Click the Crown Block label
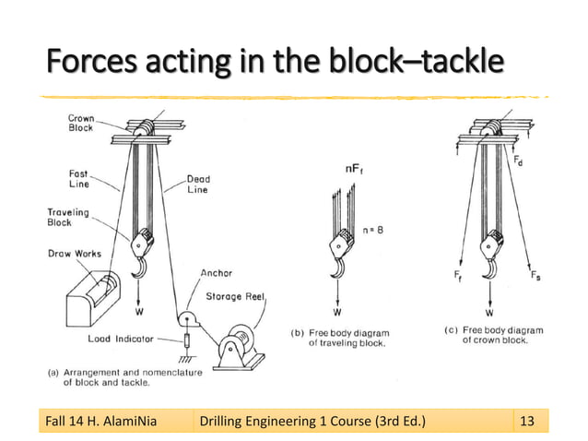81,123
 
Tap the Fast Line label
77,177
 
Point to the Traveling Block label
68,218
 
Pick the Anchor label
217,273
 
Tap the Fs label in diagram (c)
535,274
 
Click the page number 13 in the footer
527,423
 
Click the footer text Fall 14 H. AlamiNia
100,423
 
